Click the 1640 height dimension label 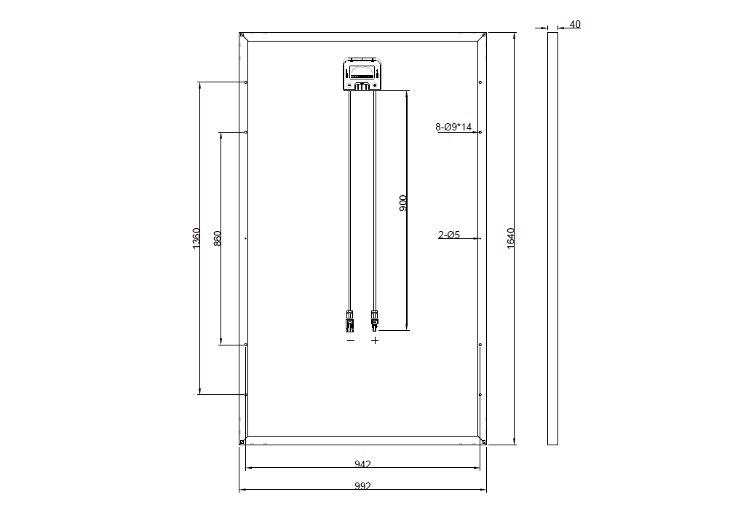tap(511, 238)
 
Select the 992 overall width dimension tap(362, 485)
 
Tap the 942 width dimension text tap(362, 464)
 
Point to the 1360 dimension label tap(197, 238)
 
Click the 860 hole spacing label tap(217, 238)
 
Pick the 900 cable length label tap(403, 203)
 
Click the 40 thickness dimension tap(575, 24)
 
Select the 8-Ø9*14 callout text tap(453, 127)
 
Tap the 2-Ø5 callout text tap(449, 234)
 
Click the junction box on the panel tap(362, 74)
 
